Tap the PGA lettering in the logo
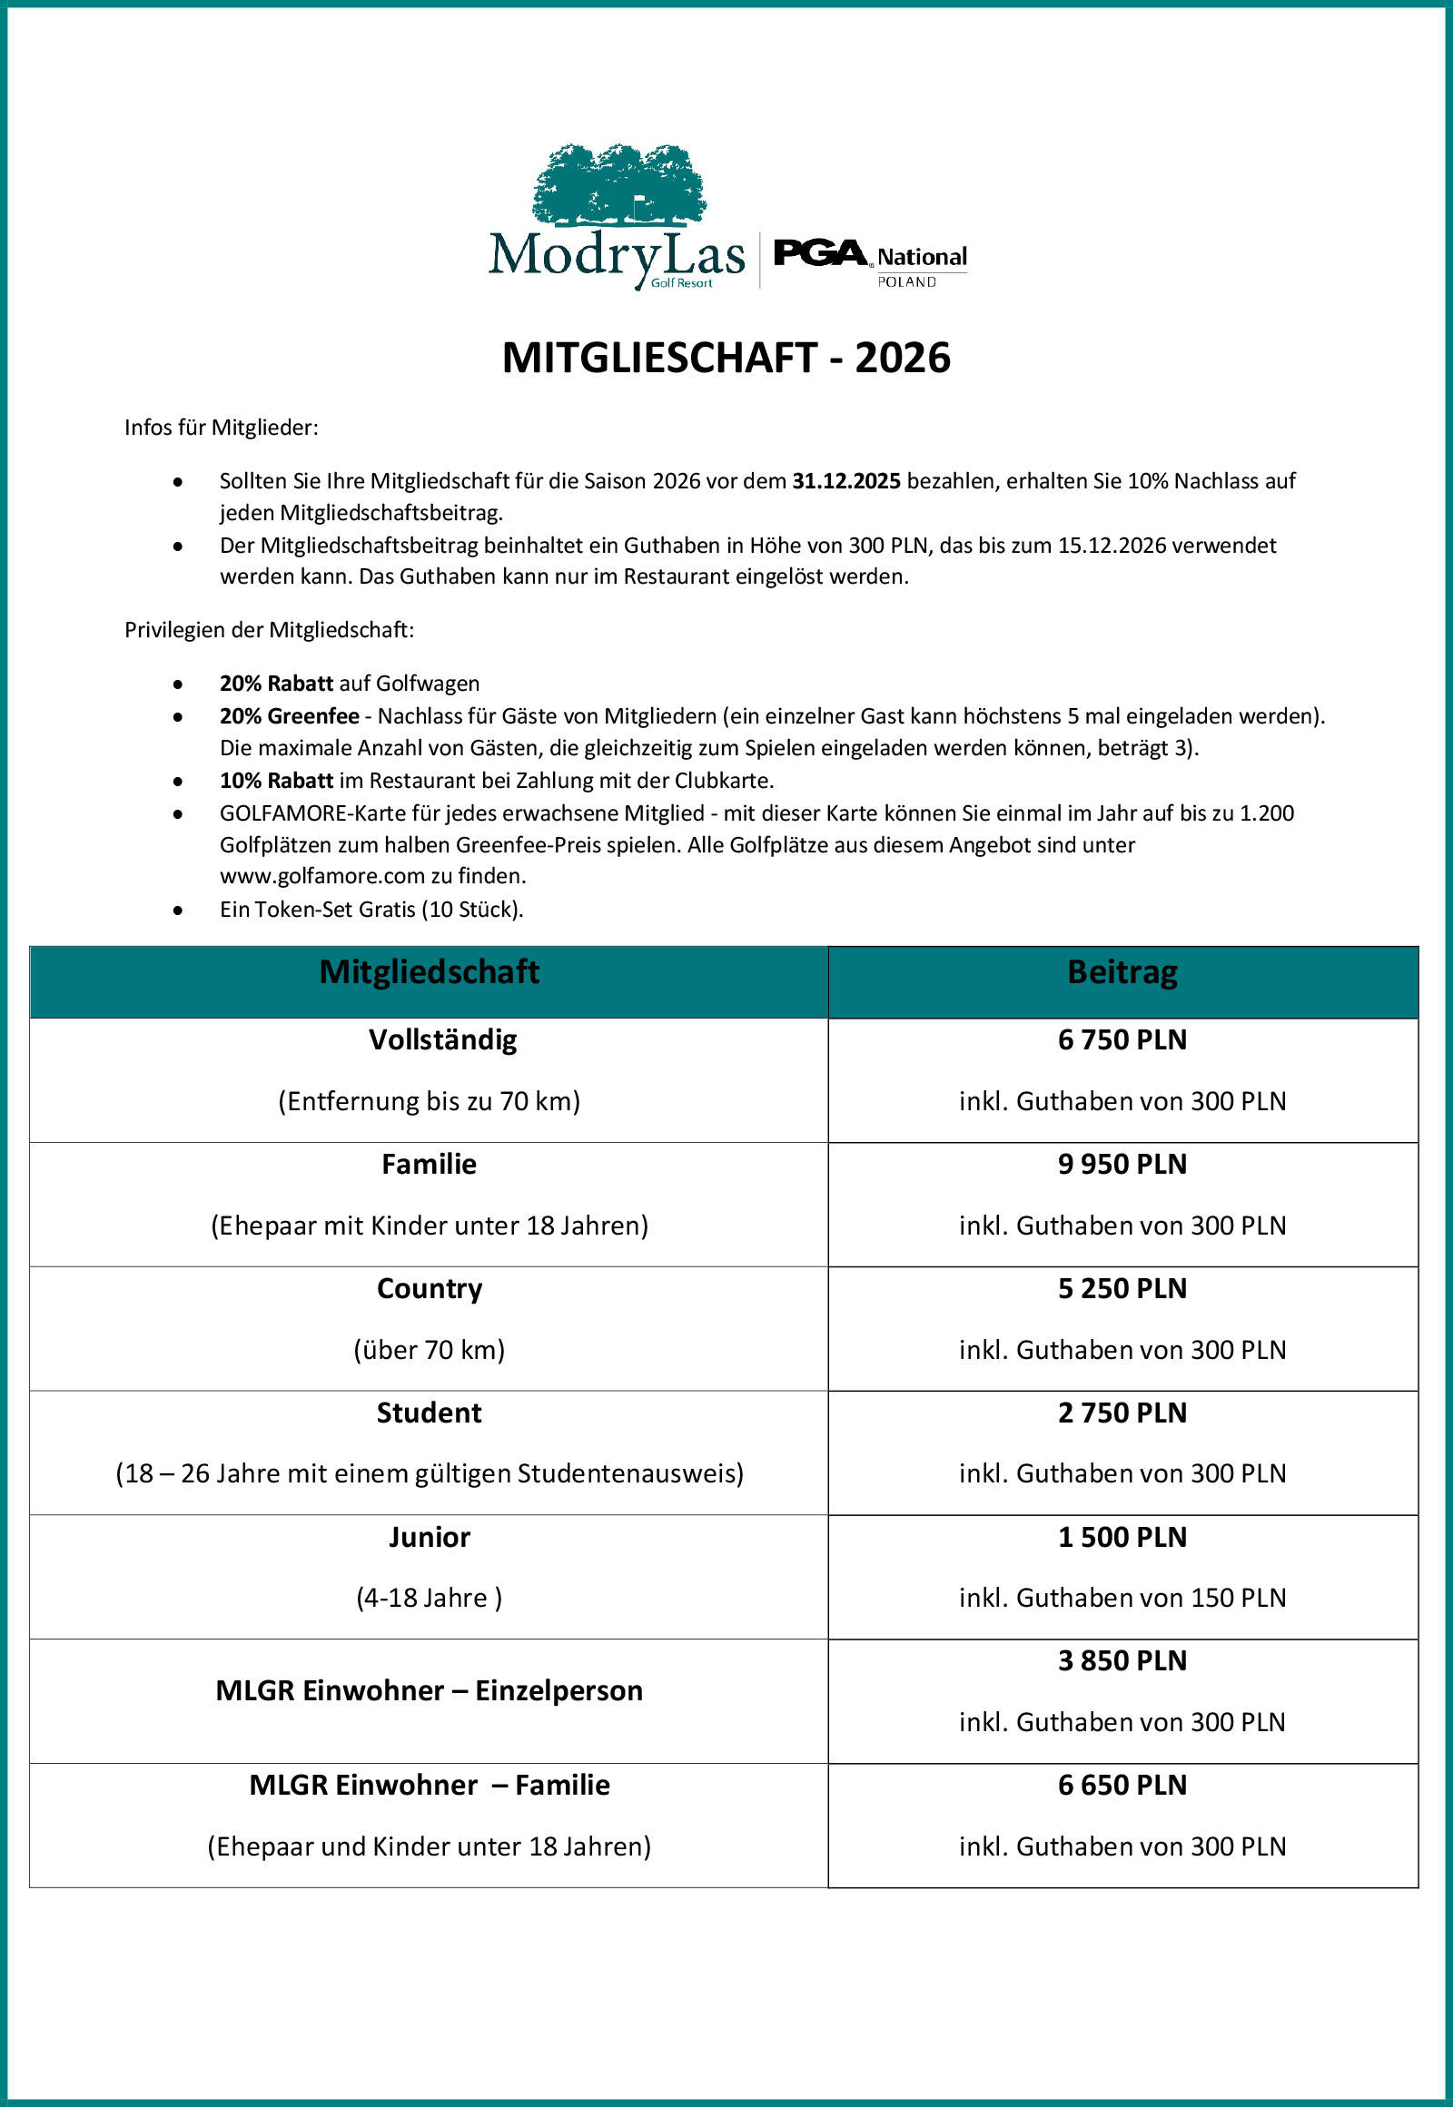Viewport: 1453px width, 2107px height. [819, 252]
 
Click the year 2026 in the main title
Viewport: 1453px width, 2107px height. [902, 358]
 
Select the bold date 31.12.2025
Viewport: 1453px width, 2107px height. [845, 480]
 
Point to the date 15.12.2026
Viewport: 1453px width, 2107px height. [1112, 546]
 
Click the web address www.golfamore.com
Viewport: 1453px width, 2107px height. [322, 876]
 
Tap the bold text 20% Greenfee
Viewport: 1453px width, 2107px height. [289, 716]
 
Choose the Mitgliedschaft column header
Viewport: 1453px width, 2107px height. [429, 972]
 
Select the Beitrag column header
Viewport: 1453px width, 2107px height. [1122, 972]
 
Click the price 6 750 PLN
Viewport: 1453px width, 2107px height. [1122, 1039]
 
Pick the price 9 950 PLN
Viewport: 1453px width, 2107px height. [1122, 1164]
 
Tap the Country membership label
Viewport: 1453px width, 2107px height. [429, 1289]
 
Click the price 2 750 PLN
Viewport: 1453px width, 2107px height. [1122, 1413]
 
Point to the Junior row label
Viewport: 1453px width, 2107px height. [429, 1537]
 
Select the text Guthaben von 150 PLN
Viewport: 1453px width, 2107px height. [1151, 1599]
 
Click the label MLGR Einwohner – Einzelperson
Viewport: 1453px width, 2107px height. [429, 1691]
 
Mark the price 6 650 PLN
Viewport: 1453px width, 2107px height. [1122, 1786]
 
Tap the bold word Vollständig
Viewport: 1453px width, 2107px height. [442, 1039]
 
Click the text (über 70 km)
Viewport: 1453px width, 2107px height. [429, 1350]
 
